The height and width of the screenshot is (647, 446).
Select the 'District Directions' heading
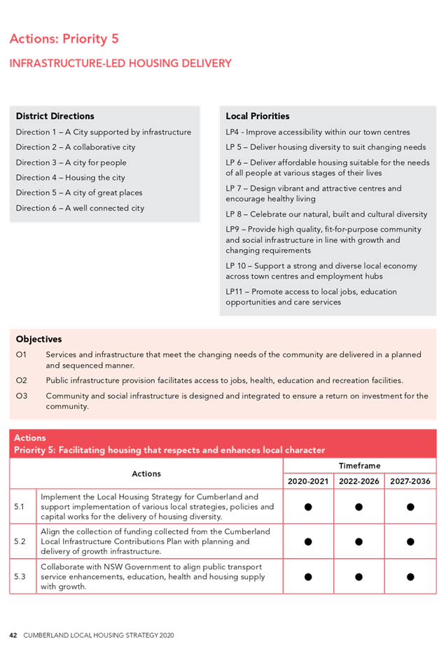55,116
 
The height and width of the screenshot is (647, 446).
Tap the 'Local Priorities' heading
257,116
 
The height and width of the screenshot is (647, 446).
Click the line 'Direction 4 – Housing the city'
70,178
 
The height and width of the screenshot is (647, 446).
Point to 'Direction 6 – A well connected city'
80,208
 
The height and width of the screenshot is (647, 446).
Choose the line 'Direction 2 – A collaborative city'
76,147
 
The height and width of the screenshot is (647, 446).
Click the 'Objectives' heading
39,340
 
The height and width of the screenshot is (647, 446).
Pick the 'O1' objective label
21,355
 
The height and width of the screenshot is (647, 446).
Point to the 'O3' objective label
21,396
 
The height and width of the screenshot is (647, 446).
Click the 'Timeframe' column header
359,466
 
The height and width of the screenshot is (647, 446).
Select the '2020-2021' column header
308,481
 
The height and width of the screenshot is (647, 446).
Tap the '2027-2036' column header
410,481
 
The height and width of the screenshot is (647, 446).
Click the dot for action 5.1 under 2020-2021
308,506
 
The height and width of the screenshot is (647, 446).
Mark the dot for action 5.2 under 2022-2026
359,541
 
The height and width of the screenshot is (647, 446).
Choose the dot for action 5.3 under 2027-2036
410,576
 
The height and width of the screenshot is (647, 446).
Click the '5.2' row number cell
22,541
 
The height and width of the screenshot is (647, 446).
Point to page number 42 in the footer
13,635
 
